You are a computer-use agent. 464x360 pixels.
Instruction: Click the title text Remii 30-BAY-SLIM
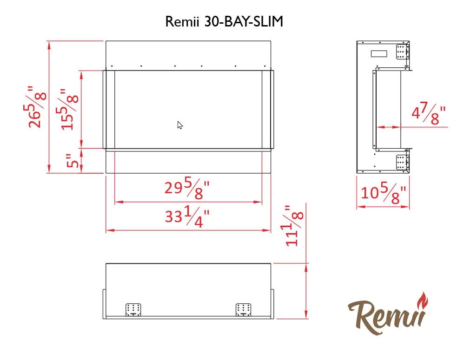224,22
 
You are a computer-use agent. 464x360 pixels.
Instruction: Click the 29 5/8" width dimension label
187,188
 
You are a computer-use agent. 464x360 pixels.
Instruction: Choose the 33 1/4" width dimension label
187,217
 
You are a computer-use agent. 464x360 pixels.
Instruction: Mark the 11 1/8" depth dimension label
295,225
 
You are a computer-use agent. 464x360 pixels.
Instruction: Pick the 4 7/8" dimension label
428,114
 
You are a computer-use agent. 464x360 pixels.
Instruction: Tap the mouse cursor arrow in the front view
180,125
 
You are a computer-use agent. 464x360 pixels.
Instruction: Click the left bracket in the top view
133,309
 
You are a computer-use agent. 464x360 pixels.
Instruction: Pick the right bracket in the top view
243,309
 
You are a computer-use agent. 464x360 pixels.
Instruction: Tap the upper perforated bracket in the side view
401,52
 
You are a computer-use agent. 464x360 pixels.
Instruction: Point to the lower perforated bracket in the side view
401,163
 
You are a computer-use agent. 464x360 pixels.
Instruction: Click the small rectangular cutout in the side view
379,53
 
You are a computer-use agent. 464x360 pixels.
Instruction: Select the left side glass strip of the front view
111,110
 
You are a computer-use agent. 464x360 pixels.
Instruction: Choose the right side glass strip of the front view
266,110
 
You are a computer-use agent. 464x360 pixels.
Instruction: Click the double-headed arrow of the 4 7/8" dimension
388,126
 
